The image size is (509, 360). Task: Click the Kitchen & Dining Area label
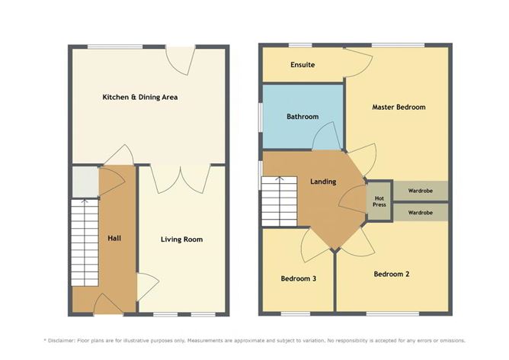click(140, 97)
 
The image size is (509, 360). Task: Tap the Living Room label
click(182, 239)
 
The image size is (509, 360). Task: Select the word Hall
click(114, 239)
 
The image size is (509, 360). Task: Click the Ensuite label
click(303, 65)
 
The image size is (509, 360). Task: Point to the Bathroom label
click(303, 117)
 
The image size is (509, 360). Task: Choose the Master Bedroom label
click(399, 107)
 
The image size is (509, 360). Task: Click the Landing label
click(323, 182)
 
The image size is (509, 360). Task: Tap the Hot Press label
click(379, 201)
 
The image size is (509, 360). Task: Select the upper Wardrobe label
click(421, 191)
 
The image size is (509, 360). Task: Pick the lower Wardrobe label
click(421, 213)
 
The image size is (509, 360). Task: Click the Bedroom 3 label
click(299, 278)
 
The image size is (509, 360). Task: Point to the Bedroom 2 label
click(392, 274)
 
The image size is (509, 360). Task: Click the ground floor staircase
click(85, 243)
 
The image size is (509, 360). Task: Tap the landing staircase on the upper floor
click(280, 201)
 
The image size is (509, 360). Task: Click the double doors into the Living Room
click(181, 180)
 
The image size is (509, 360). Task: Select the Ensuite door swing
click(358, 63)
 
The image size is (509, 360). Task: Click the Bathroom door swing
click(327, 136)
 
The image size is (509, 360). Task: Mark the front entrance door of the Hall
click(109, 304)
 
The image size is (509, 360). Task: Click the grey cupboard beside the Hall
click(85, 182)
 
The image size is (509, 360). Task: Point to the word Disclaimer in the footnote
click(62, 340)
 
